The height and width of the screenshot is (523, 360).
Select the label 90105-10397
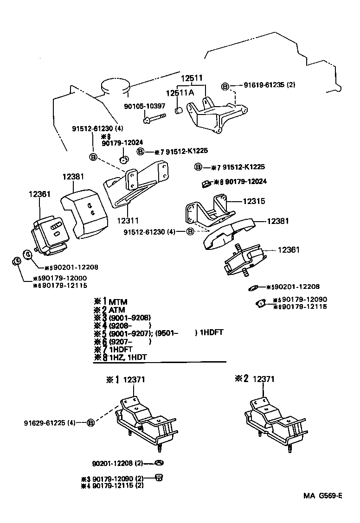coord(144,106)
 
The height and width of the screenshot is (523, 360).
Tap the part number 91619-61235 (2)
coord(270,85)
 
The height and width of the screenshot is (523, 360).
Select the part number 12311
coord(128,221)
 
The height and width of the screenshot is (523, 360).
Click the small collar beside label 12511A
coord(178,110)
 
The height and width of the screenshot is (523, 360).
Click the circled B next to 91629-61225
coord(91,422)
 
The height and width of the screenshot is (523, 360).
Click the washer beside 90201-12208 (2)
coord(158,463)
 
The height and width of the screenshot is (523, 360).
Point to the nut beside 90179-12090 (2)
coord(158,477)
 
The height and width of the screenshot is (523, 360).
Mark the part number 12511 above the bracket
coord(192,78)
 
